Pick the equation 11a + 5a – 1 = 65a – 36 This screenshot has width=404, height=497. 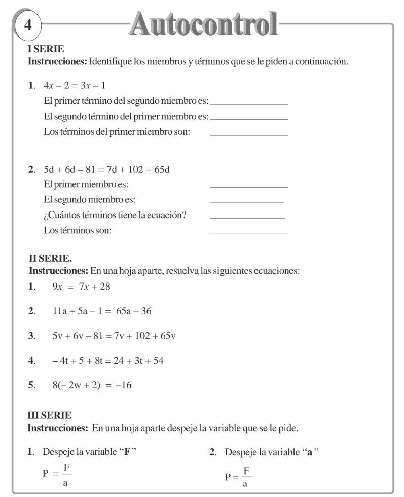click(x=101, y=311)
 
